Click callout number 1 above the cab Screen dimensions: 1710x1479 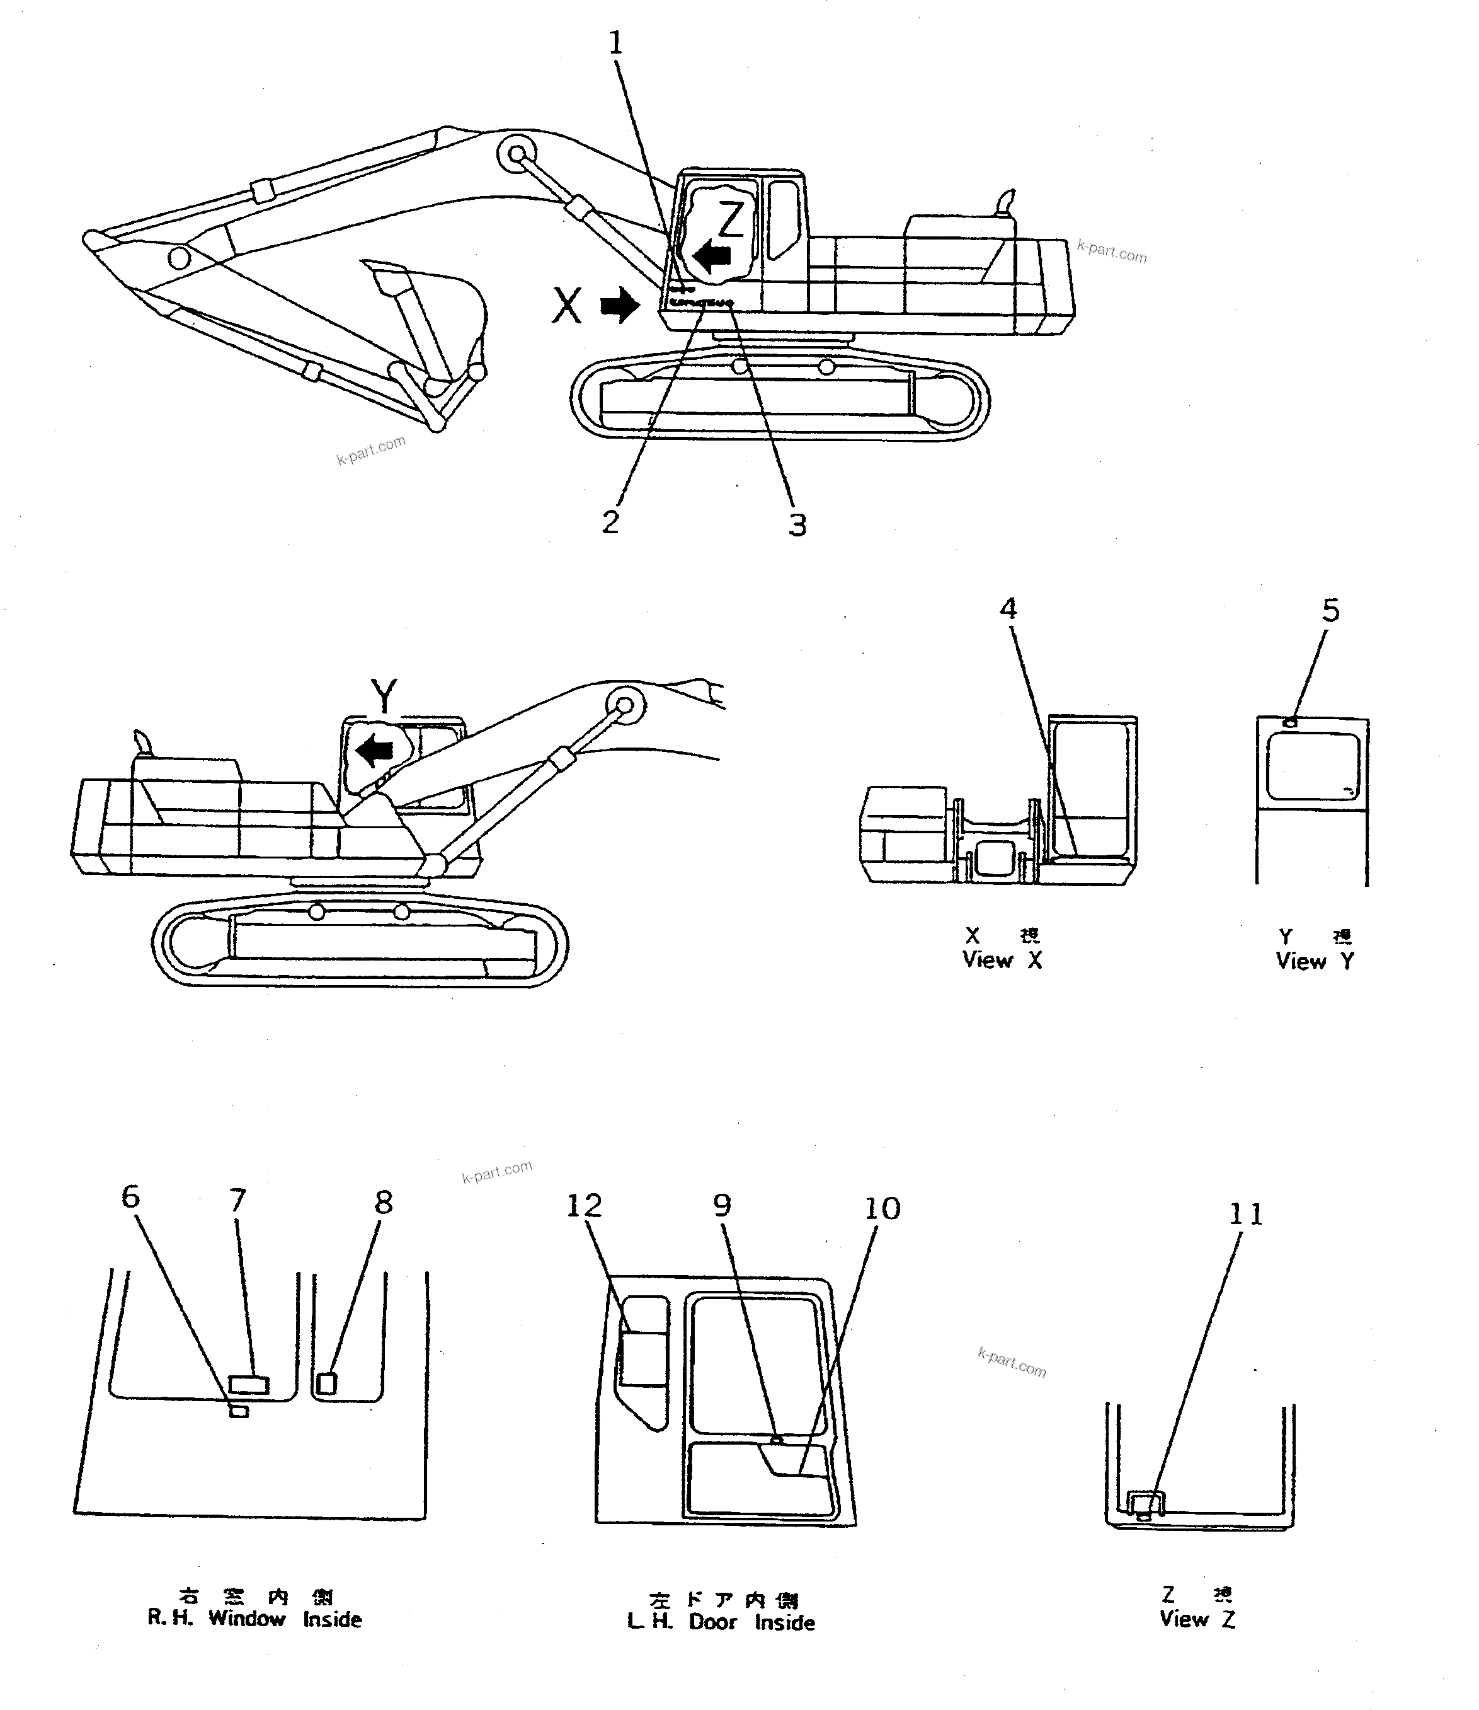click(615, 43)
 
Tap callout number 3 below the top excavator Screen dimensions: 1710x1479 click(796, 524)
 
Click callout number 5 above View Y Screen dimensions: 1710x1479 click(1330, 611)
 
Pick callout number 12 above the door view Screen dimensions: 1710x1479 click(583, 1206)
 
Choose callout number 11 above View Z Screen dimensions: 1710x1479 click(1245, 1215)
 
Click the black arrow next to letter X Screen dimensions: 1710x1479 click(620, 306)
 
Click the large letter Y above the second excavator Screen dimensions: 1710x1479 click(384, 695)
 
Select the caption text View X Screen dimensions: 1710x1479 click(1002, 961)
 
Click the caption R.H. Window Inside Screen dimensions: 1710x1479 click(254, 1619)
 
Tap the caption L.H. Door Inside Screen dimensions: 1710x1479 click(721, 1622)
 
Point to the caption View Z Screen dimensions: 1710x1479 click(1197, 1620)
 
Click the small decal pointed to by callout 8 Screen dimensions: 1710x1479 click(327, 1383)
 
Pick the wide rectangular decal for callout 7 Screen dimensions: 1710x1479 click(248, 1385)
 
